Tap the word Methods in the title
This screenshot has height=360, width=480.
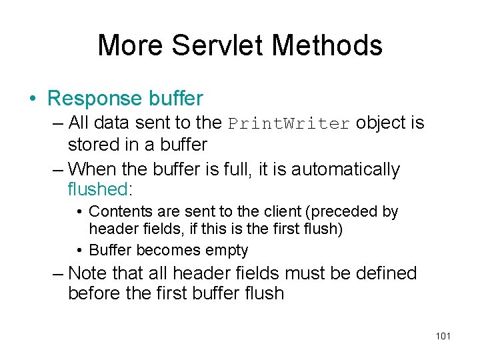[x=327, y=45]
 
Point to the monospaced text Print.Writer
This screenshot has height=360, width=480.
[x=289, y=124]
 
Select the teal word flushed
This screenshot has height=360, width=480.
[x=97, y=189]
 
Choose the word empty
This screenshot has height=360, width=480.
[x=226, y=251]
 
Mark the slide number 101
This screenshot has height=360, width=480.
[x=443, y=336]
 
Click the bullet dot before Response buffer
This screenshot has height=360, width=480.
[x=33, y=99]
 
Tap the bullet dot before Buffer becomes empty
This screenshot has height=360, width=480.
[x=79, y=251]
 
